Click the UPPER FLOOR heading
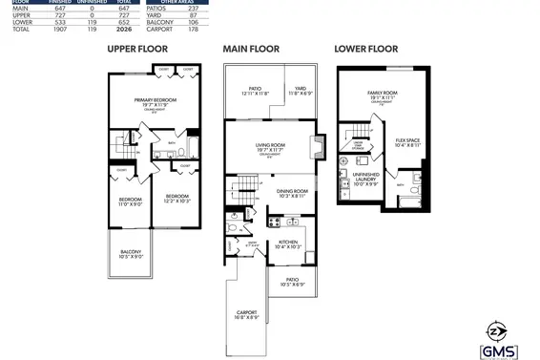[137, 48]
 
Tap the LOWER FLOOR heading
[365, 48]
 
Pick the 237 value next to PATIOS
[220, 8]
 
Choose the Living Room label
[271, 147]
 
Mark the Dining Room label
[292, 193]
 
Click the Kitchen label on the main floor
[289, 244]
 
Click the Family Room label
[382, 95]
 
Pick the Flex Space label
[406, 143]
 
